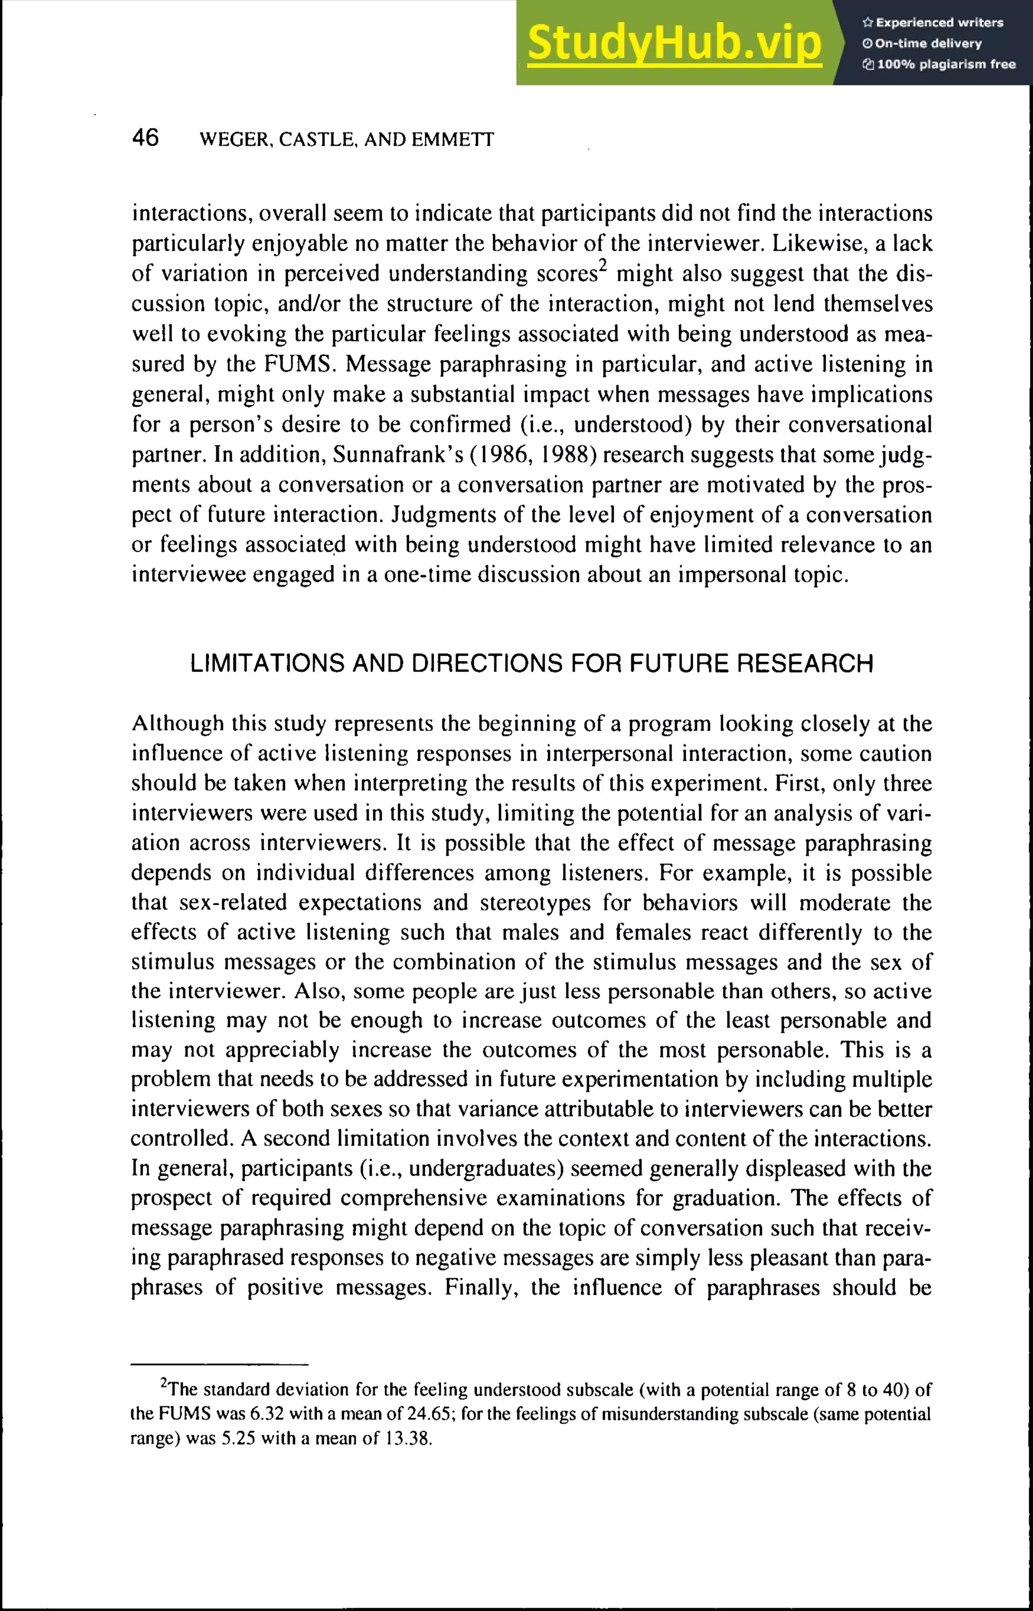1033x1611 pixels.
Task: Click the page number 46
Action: point(146,138)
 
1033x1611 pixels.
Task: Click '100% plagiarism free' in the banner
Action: point(945,65)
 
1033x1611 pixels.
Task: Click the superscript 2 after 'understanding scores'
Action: point(602,266)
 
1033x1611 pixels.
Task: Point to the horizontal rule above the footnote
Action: point(219,1364)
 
